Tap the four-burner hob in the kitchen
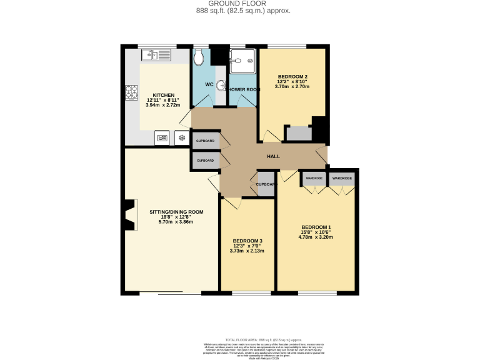click(x=132, y=92)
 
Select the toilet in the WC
click(x=199, y=57)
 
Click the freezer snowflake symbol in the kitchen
click(x=181, y=137)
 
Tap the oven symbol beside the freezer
click(x=161, y=137)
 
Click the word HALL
click(x=273, y=156)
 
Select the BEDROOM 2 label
click(x=292, y=77)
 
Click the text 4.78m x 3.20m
click(x=316, y=237)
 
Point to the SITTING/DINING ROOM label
click(x=176, y=212)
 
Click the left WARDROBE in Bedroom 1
click(x=314, y=179)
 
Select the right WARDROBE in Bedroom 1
click(x=342, y=179)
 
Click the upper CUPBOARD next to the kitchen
click(x=206, y=141)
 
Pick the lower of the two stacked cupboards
click(x=206, y=161)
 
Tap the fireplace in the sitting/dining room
click(x=129, y=215)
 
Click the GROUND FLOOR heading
click(x=239, y=4)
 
